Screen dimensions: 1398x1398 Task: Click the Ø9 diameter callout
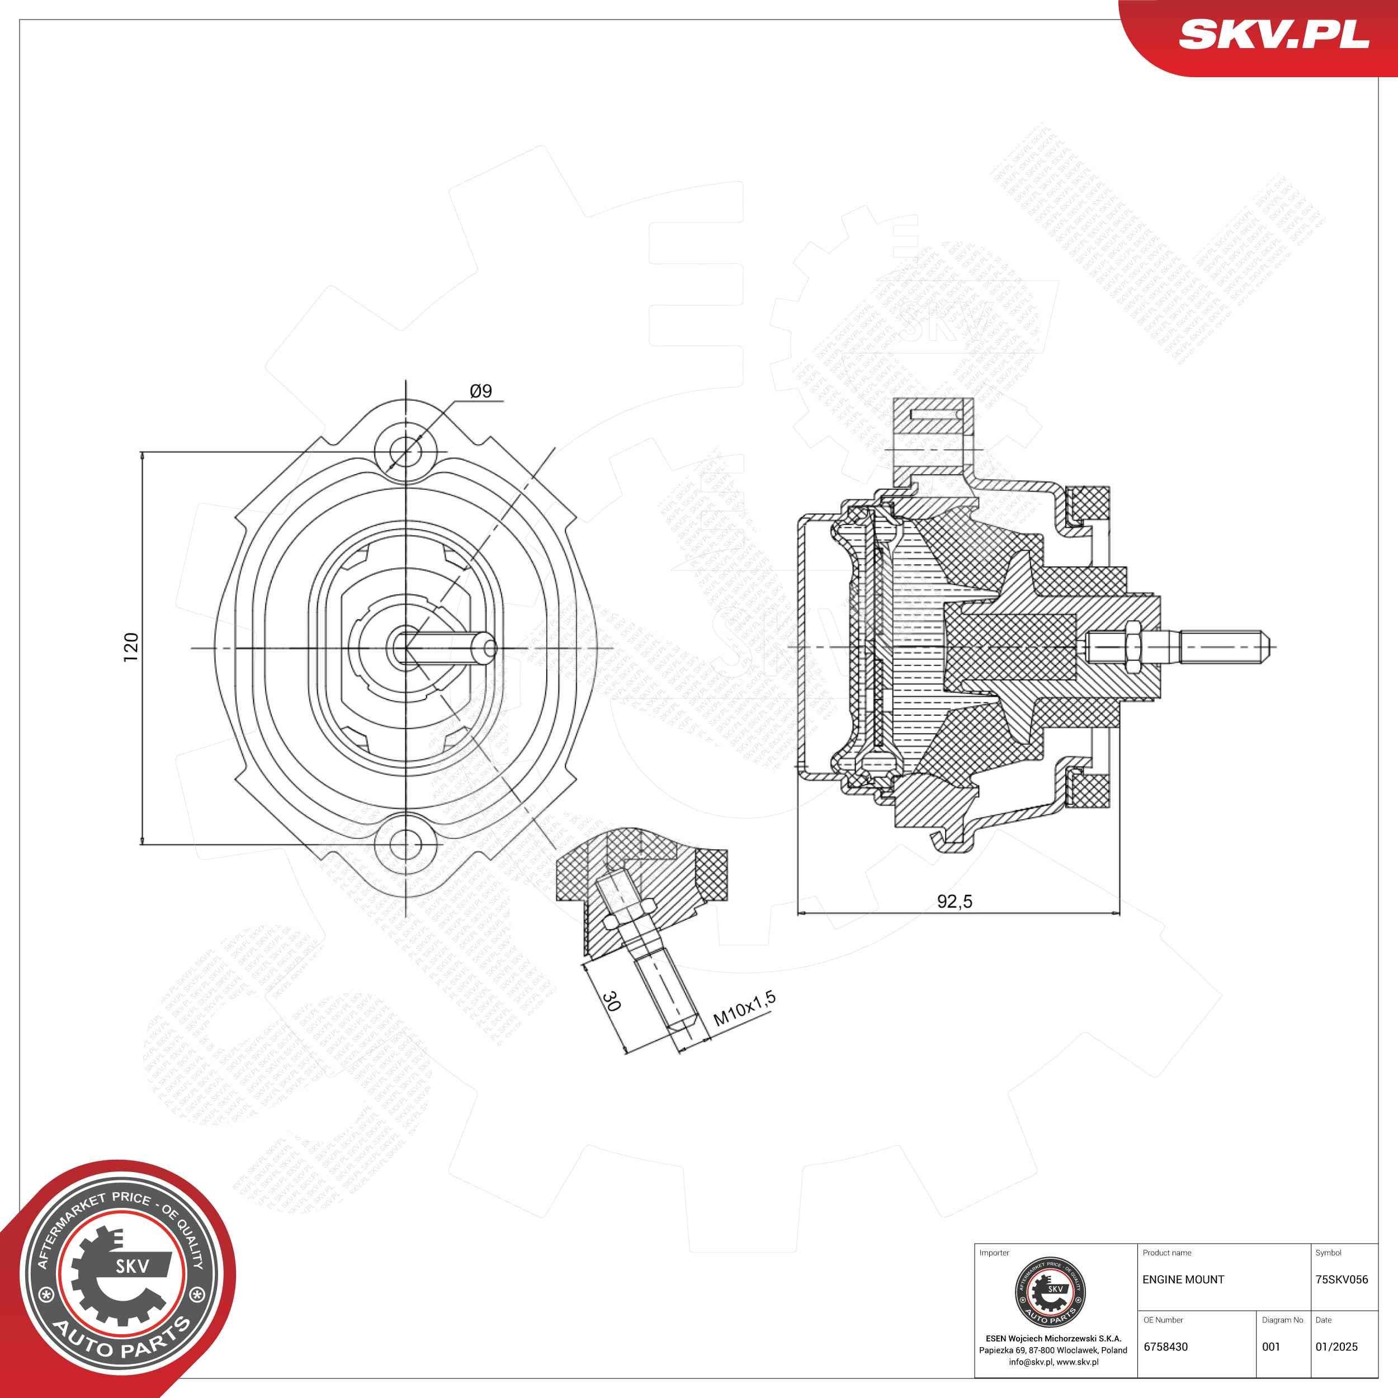point(480,391)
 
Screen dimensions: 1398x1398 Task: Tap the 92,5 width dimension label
point(955,901)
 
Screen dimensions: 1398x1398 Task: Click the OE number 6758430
point(1165,1347)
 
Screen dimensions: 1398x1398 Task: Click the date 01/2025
point(1336,1347)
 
